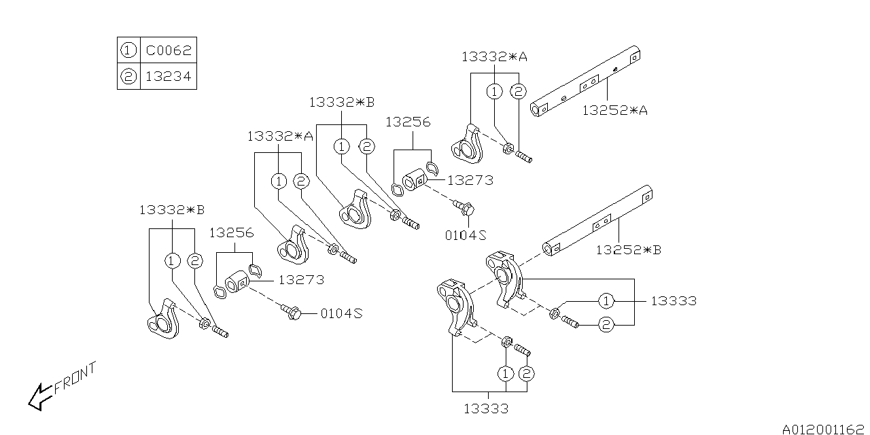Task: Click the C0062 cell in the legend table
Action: [169, 50]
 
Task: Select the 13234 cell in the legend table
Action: [169, 77]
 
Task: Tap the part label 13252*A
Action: [614, 109]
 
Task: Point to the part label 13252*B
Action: [628, 249]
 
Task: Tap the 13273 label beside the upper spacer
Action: [470, 180]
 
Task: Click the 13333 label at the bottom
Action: [486, 408]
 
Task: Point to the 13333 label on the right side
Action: [673, 300]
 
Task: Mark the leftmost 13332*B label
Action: [172, 210]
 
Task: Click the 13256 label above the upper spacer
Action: [408, 122]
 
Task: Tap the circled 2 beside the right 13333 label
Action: [606, 325]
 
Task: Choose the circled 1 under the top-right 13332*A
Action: [495, 92]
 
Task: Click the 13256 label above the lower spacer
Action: [231, 232]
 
